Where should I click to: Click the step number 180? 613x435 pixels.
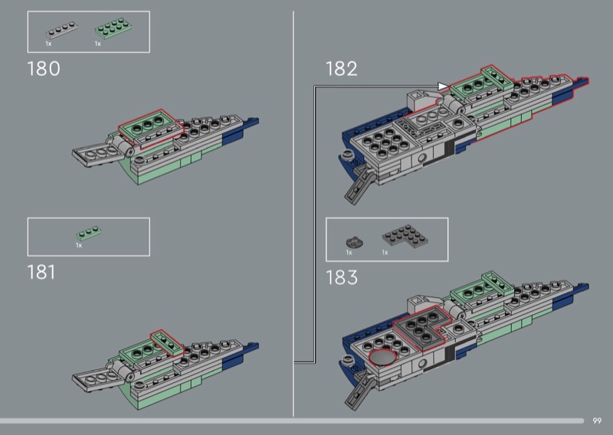pos(44,69)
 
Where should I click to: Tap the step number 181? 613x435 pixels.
pos(41,272)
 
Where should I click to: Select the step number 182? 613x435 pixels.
pos(342,69)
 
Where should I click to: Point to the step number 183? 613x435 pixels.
pos(342,277)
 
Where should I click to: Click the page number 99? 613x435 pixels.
pos(597,421)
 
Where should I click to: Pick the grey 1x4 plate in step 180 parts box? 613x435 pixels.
pos(62,30)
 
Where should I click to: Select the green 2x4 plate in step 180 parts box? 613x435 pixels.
pos(113,28)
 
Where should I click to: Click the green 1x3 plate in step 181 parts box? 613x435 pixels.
pos(89,233)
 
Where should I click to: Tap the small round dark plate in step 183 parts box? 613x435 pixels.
pos(355,242)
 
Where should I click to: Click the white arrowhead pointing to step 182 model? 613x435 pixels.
pos(443,87)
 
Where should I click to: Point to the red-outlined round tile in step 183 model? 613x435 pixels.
pos(382,358)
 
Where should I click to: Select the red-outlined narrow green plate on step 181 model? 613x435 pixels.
pos(167,343)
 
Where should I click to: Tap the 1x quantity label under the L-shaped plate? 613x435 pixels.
pos(385,253)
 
